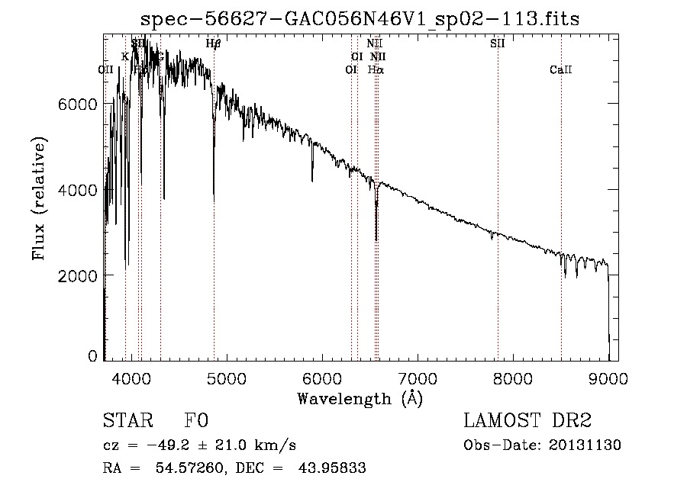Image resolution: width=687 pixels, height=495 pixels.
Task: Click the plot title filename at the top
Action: pos(366,18)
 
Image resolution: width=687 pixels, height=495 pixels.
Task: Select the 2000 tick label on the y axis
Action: pos(77,275)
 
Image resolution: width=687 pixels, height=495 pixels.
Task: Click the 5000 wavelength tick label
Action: pos(227,377)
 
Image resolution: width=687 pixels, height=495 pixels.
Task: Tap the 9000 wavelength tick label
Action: pos(608,377)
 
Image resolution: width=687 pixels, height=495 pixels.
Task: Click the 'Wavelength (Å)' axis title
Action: pos(360,397)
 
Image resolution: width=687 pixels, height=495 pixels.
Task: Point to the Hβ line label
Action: pos(214,43)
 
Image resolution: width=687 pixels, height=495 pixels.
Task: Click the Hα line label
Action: pos(376,69)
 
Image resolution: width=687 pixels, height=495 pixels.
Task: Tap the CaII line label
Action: pos(561,70)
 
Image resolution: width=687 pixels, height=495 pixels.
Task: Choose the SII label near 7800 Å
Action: pos(498,43)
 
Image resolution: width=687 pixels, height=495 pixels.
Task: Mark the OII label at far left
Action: pos(106,69)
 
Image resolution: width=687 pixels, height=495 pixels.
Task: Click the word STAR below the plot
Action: pos(127,422)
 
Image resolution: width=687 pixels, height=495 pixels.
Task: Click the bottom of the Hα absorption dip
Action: pos(376,240)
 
